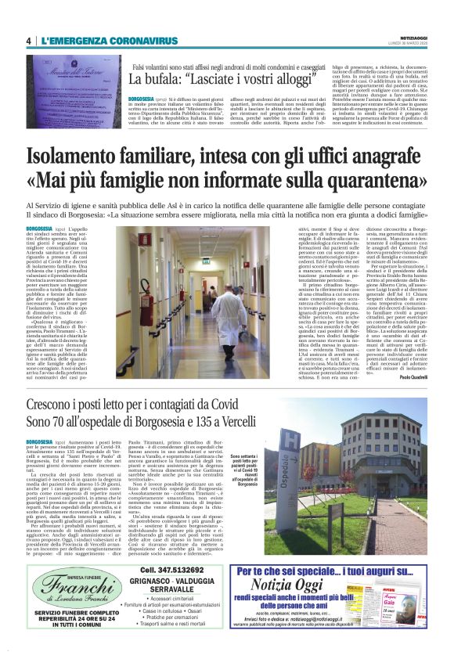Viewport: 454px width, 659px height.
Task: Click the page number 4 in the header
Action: pyautogui.click(x=28, y=41)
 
